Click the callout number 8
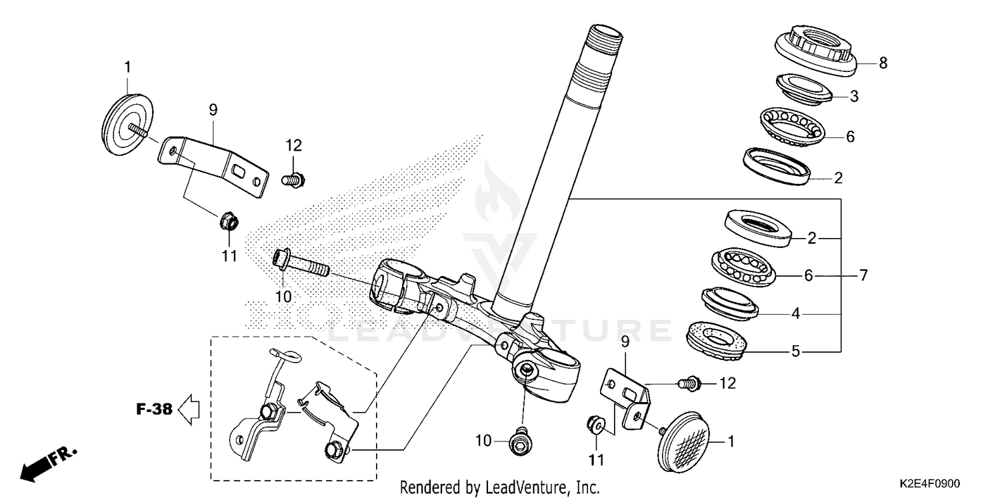[883, 63]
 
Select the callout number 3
[854, 97]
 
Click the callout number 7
[863, 275]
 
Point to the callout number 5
[795, 351]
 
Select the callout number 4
[795, 313]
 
